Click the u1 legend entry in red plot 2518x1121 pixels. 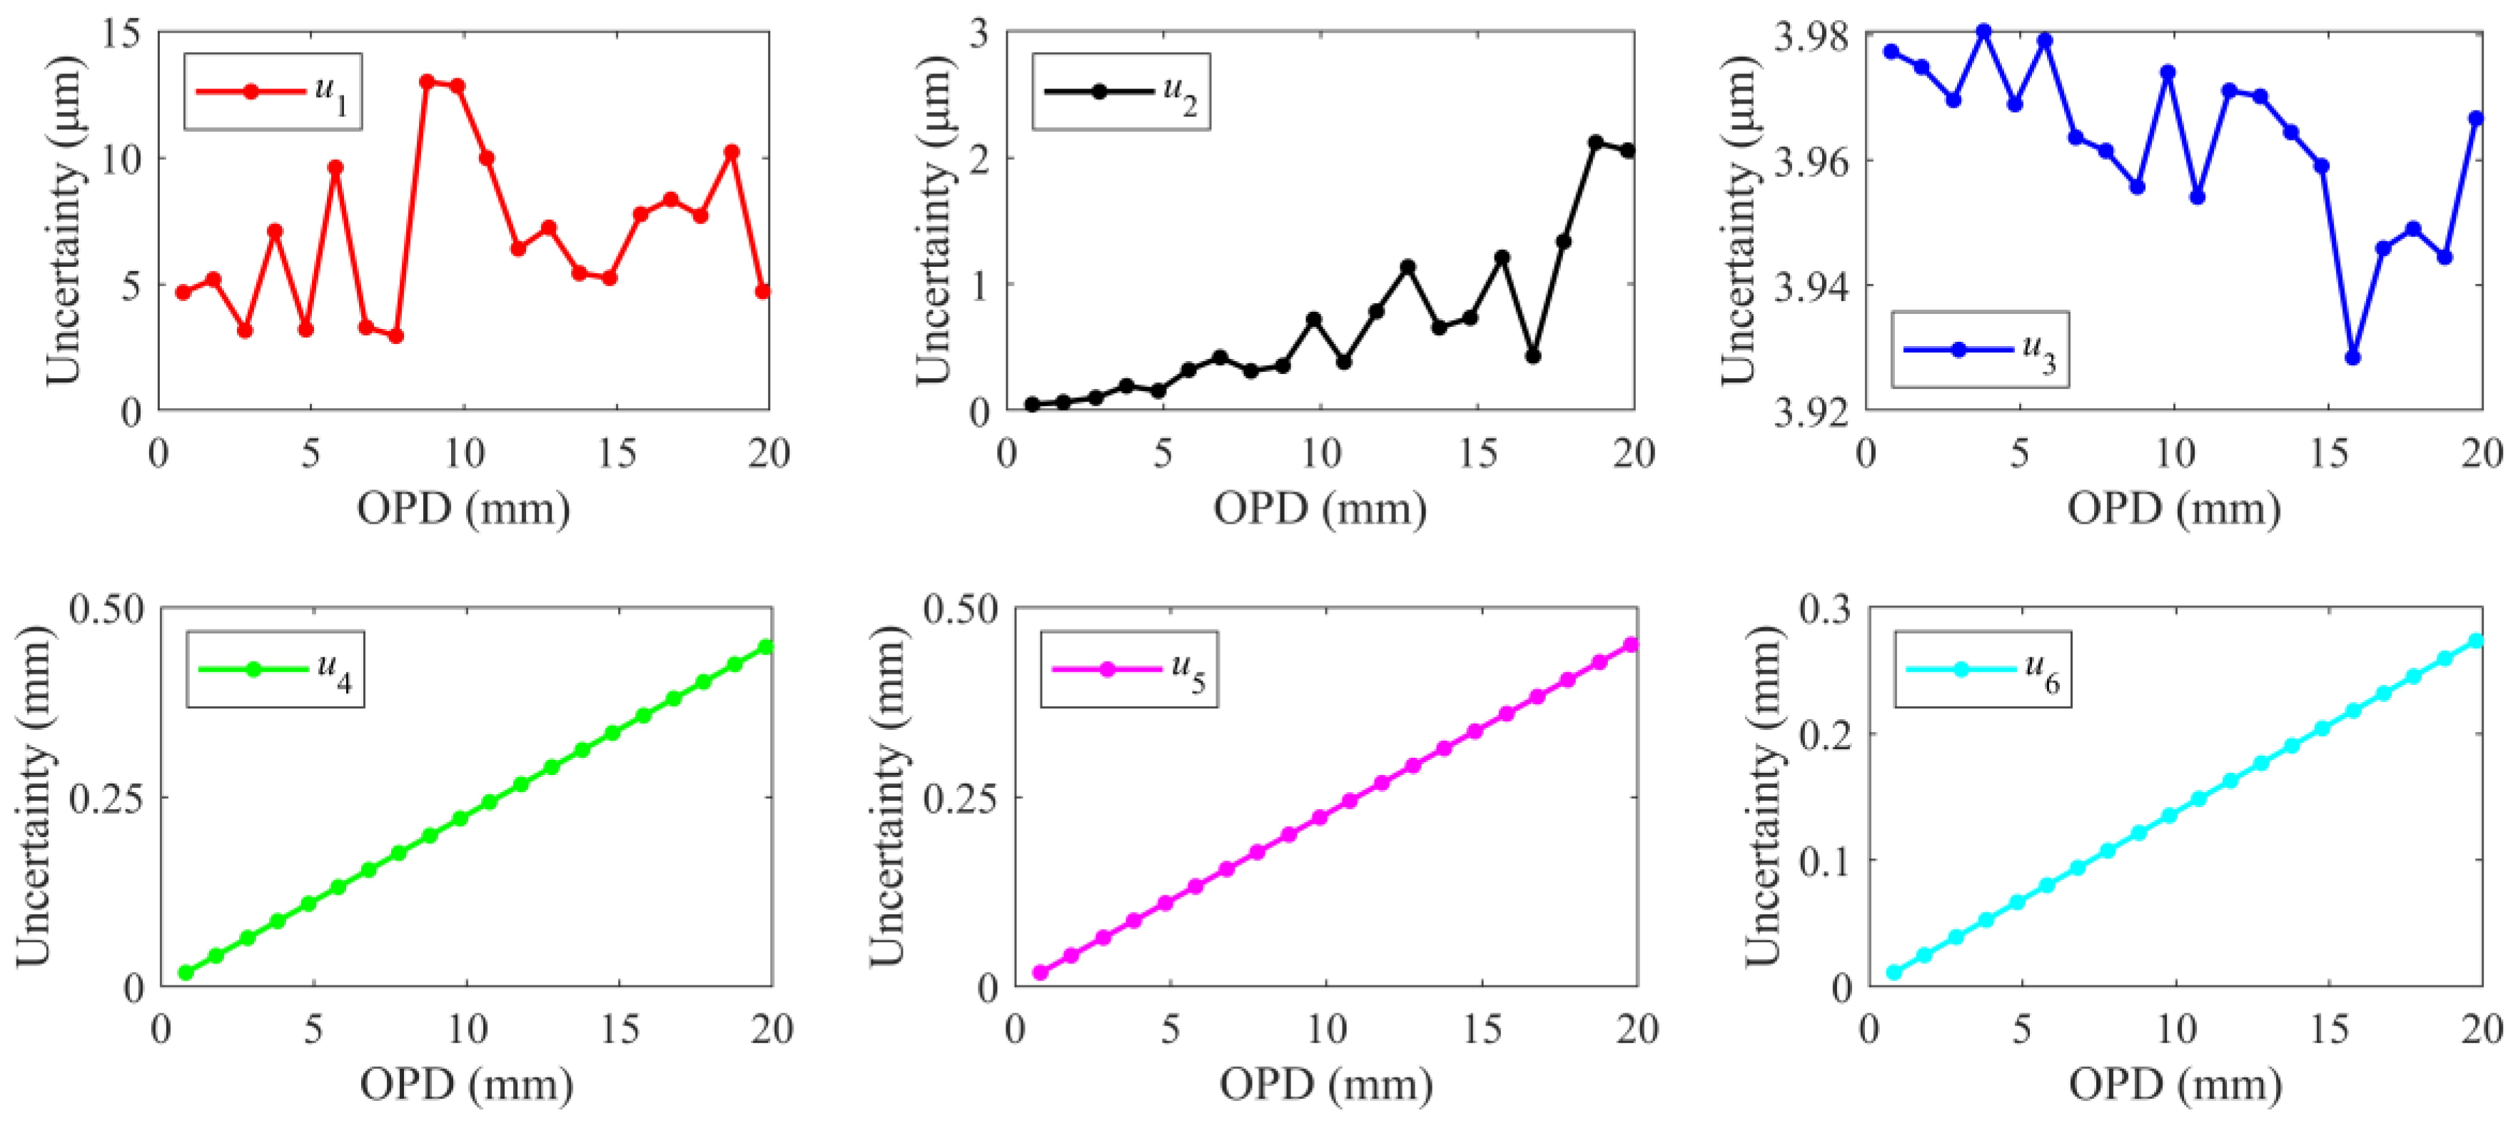pos(273,92)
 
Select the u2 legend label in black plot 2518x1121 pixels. pos(1121,92)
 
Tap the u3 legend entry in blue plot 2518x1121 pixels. pos(1979,350)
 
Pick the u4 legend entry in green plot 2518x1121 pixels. pos(275,669)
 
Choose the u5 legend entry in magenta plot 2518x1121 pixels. pos(1129,669)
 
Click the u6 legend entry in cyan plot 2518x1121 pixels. pos(1983,669)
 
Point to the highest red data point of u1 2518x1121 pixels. pos(427,81)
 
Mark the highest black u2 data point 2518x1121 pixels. pos(1596,143)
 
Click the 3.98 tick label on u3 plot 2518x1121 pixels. pos(1811,37)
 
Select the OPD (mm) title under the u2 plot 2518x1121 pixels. pos(1320,509)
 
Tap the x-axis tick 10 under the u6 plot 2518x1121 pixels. pos(2176,1029)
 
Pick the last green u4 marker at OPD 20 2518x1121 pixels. pos(767,647)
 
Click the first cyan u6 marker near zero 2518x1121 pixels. pos(1893,973)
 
